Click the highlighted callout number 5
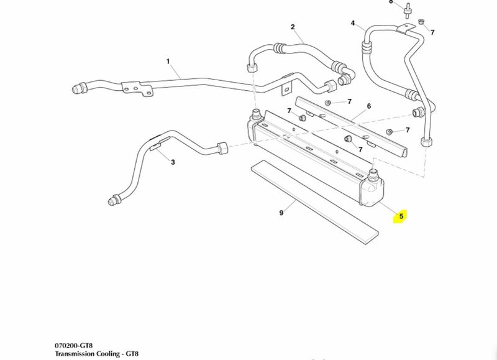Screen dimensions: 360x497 pos(401,216)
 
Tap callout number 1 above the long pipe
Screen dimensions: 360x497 pos(168,62)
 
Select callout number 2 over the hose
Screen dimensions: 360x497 pos(293,27)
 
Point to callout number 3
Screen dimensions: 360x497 pos(173,162)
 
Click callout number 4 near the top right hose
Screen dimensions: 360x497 pos(353,24)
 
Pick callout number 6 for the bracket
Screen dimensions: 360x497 pos(368,106)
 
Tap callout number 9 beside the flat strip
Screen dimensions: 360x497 pos(281,213)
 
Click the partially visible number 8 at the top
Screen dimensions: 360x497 pos(391,2)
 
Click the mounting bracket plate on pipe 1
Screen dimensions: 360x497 pos(137,90)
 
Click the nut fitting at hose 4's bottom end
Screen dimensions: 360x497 pos(427,140)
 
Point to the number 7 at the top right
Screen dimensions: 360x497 pos(432,32)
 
